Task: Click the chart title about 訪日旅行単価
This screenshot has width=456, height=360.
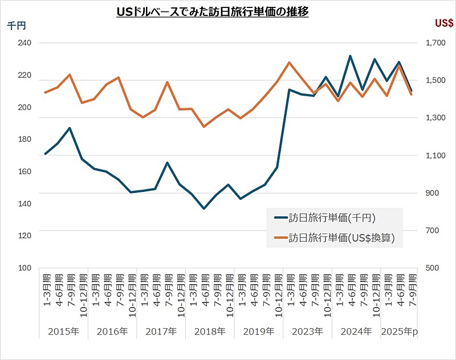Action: point(212,11)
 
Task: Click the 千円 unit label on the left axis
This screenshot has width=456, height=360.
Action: point(17,24)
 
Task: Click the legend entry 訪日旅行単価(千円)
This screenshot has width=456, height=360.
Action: point(331,218)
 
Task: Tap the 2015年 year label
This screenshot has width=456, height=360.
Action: point(64,331)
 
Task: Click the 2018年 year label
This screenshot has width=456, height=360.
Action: point(210,331)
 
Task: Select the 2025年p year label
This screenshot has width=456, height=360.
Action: point(399,331)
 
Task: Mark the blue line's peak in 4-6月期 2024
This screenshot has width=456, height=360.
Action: point(350,56)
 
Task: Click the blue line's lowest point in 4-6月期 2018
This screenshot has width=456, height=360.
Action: point(204,208)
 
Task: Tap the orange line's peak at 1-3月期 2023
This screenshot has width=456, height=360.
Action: point(290,63)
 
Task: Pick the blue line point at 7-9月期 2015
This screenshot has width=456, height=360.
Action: point(70,128)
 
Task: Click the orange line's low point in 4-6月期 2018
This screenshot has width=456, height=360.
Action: point(204,126)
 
